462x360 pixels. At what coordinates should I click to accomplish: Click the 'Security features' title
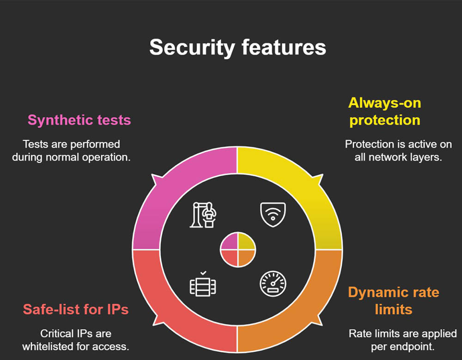pos(238,48)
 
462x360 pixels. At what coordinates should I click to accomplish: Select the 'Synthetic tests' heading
pos(79,120)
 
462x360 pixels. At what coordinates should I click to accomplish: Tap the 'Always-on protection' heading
pos(384,112)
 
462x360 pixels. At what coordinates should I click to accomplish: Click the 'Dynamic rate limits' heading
pos(394,301)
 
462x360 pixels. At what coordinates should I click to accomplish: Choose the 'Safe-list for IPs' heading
pos(76,309)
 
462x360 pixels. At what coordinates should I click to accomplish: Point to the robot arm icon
pos(203,215)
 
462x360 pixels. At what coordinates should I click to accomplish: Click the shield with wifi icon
pos(273,215)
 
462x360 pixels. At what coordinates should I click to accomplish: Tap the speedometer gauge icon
pos(273,284)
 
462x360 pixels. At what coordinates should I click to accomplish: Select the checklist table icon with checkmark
pos(203,283)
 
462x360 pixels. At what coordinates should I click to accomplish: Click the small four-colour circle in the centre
pos(238,250)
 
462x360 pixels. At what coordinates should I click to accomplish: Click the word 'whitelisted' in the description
pos(48,347)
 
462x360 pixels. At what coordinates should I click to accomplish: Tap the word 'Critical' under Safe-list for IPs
pos(57,334)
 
